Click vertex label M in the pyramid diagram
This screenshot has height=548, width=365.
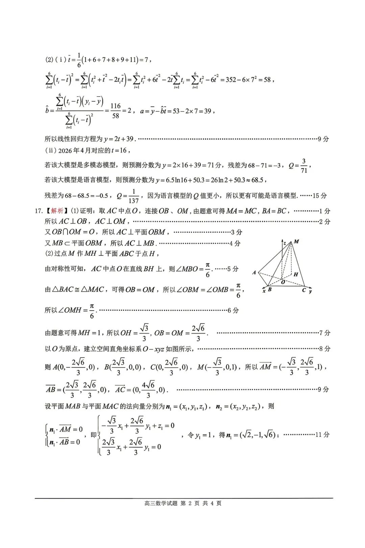point(296,242)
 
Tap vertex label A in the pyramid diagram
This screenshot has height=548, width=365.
point(254,272)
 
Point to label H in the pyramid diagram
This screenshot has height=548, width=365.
point(296,274)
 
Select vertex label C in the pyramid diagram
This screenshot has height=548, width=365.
point(304,290)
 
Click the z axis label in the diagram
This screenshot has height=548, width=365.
point(285,243)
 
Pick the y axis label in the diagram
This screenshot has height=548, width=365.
point(310,291)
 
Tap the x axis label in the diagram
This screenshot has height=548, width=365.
point(264,291)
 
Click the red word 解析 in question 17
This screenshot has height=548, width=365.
point(57,211)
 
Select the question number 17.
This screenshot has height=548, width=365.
point(38,211)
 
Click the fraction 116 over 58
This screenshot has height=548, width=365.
point(116,111)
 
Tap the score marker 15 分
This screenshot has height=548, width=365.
point(320,196)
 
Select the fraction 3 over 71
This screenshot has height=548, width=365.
point(304,166)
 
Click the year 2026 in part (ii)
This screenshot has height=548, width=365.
point(65,151)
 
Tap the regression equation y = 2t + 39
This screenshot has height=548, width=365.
point(119,139)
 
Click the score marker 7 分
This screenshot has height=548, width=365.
point(325,333)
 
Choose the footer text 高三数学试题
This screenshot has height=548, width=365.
point(161,503)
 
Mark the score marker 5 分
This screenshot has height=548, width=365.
point(233,269)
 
